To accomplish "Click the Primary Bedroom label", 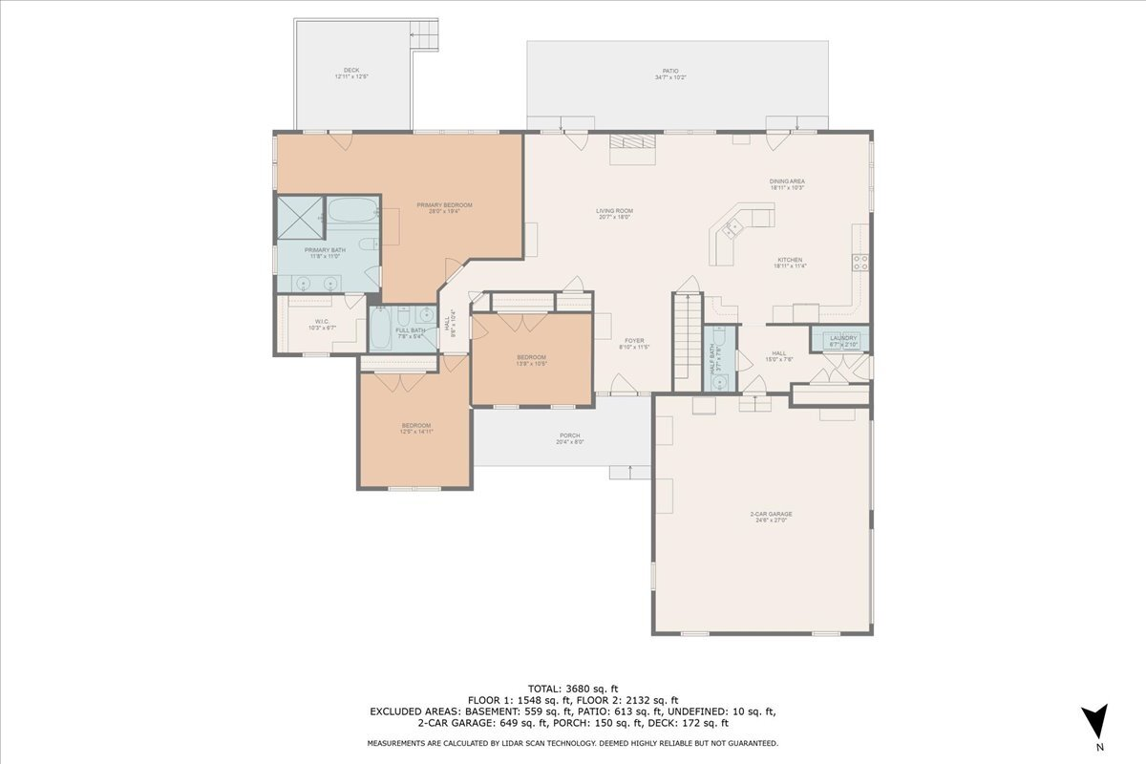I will tap(444, 208).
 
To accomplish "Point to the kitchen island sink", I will tap(733, 227).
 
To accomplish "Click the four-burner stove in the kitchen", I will tap(859, 263).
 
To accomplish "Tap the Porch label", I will tap(569, 438).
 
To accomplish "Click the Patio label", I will tap(670, 74).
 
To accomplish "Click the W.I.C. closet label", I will tap(322, 325).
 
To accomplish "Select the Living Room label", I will tap(614, 214).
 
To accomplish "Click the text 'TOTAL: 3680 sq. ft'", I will tap(573, 688).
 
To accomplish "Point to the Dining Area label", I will tap(788, 183).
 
